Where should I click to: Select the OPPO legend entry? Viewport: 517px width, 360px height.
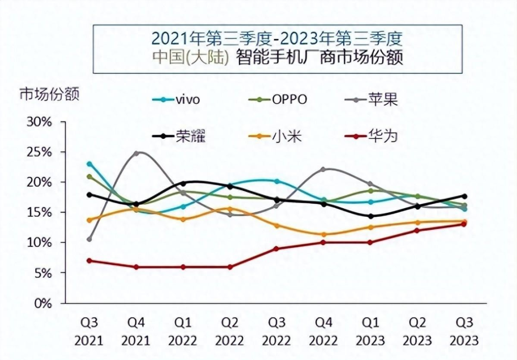[x=279, y=100]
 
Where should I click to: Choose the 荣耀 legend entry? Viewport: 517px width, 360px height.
[x=181, y=136]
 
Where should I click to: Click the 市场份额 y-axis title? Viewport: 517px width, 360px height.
[x=49, y=94]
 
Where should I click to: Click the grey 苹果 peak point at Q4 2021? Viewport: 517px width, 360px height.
[x=136, y=153]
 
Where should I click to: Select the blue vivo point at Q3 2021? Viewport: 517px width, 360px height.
[x=89, y=164]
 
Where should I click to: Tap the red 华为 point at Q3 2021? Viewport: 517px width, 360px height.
[x=89, y=261]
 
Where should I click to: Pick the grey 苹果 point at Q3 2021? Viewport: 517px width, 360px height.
[x=89, y=239]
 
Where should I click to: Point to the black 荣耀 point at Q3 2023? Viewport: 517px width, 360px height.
[x=464, y=196]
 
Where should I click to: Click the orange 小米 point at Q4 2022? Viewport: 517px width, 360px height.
[x=324, y=235]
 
